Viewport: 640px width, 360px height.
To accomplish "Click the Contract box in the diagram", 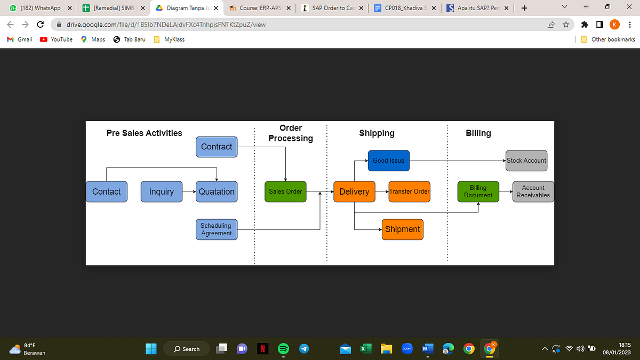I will pyautogui.click(x=217, y=147).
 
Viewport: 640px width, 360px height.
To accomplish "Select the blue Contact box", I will pyautogui.click(x=106, y=191).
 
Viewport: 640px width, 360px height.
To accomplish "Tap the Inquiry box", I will pyautogui.click(x=161, y=191).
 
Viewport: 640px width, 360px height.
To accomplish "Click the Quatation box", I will pyautogui.click(x=217, y=191).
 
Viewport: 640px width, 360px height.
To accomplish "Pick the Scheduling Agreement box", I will pyautogui.click(x=216, y=229).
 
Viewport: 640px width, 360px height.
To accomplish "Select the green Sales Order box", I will pyautogui.click(x=285, y=191).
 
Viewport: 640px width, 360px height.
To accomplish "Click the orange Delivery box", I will pyautogui.click(x=354, y=191).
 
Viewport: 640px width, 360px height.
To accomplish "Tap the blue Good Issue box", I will pyautogui.click(x=388, y=161).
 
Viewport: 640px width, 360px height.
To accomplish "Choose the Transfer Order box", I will pyautogui.click(x=409, y=191).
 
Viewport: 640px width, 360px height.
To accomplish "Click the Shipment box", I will pyautogui.click(x=402, y=229).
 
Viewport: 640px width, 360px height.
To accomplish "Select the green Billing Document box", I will pyautogui.click(x=478, y=191).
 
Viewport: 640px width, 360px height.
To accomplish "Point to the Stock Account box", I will pyautogui.click(x=526, y=161).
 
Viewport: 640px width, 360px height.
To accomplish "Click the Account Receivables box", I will pyautogui.click(x=533, y=191).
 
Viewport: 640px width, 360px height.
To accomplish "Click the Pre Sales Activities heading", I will pyautogui.click(x=145, y=133).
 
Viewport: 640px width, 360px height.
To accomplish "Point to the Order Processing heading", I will pyautogui.click(x=291, y=133).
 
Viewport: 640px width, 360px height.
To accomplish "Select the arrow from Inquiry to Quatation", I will pyautogui.click(x=189, y=191).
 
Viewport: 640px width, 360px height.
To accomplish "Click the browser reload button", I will pyautogui.click(x=40, y=25).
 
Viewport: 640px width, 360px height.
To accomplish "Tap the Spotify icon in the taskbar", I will pyautogui.click(x=283, y=349).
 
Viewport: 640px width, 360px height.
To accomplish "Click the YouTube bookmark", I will pyautogui.click(x=57, y=39).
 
